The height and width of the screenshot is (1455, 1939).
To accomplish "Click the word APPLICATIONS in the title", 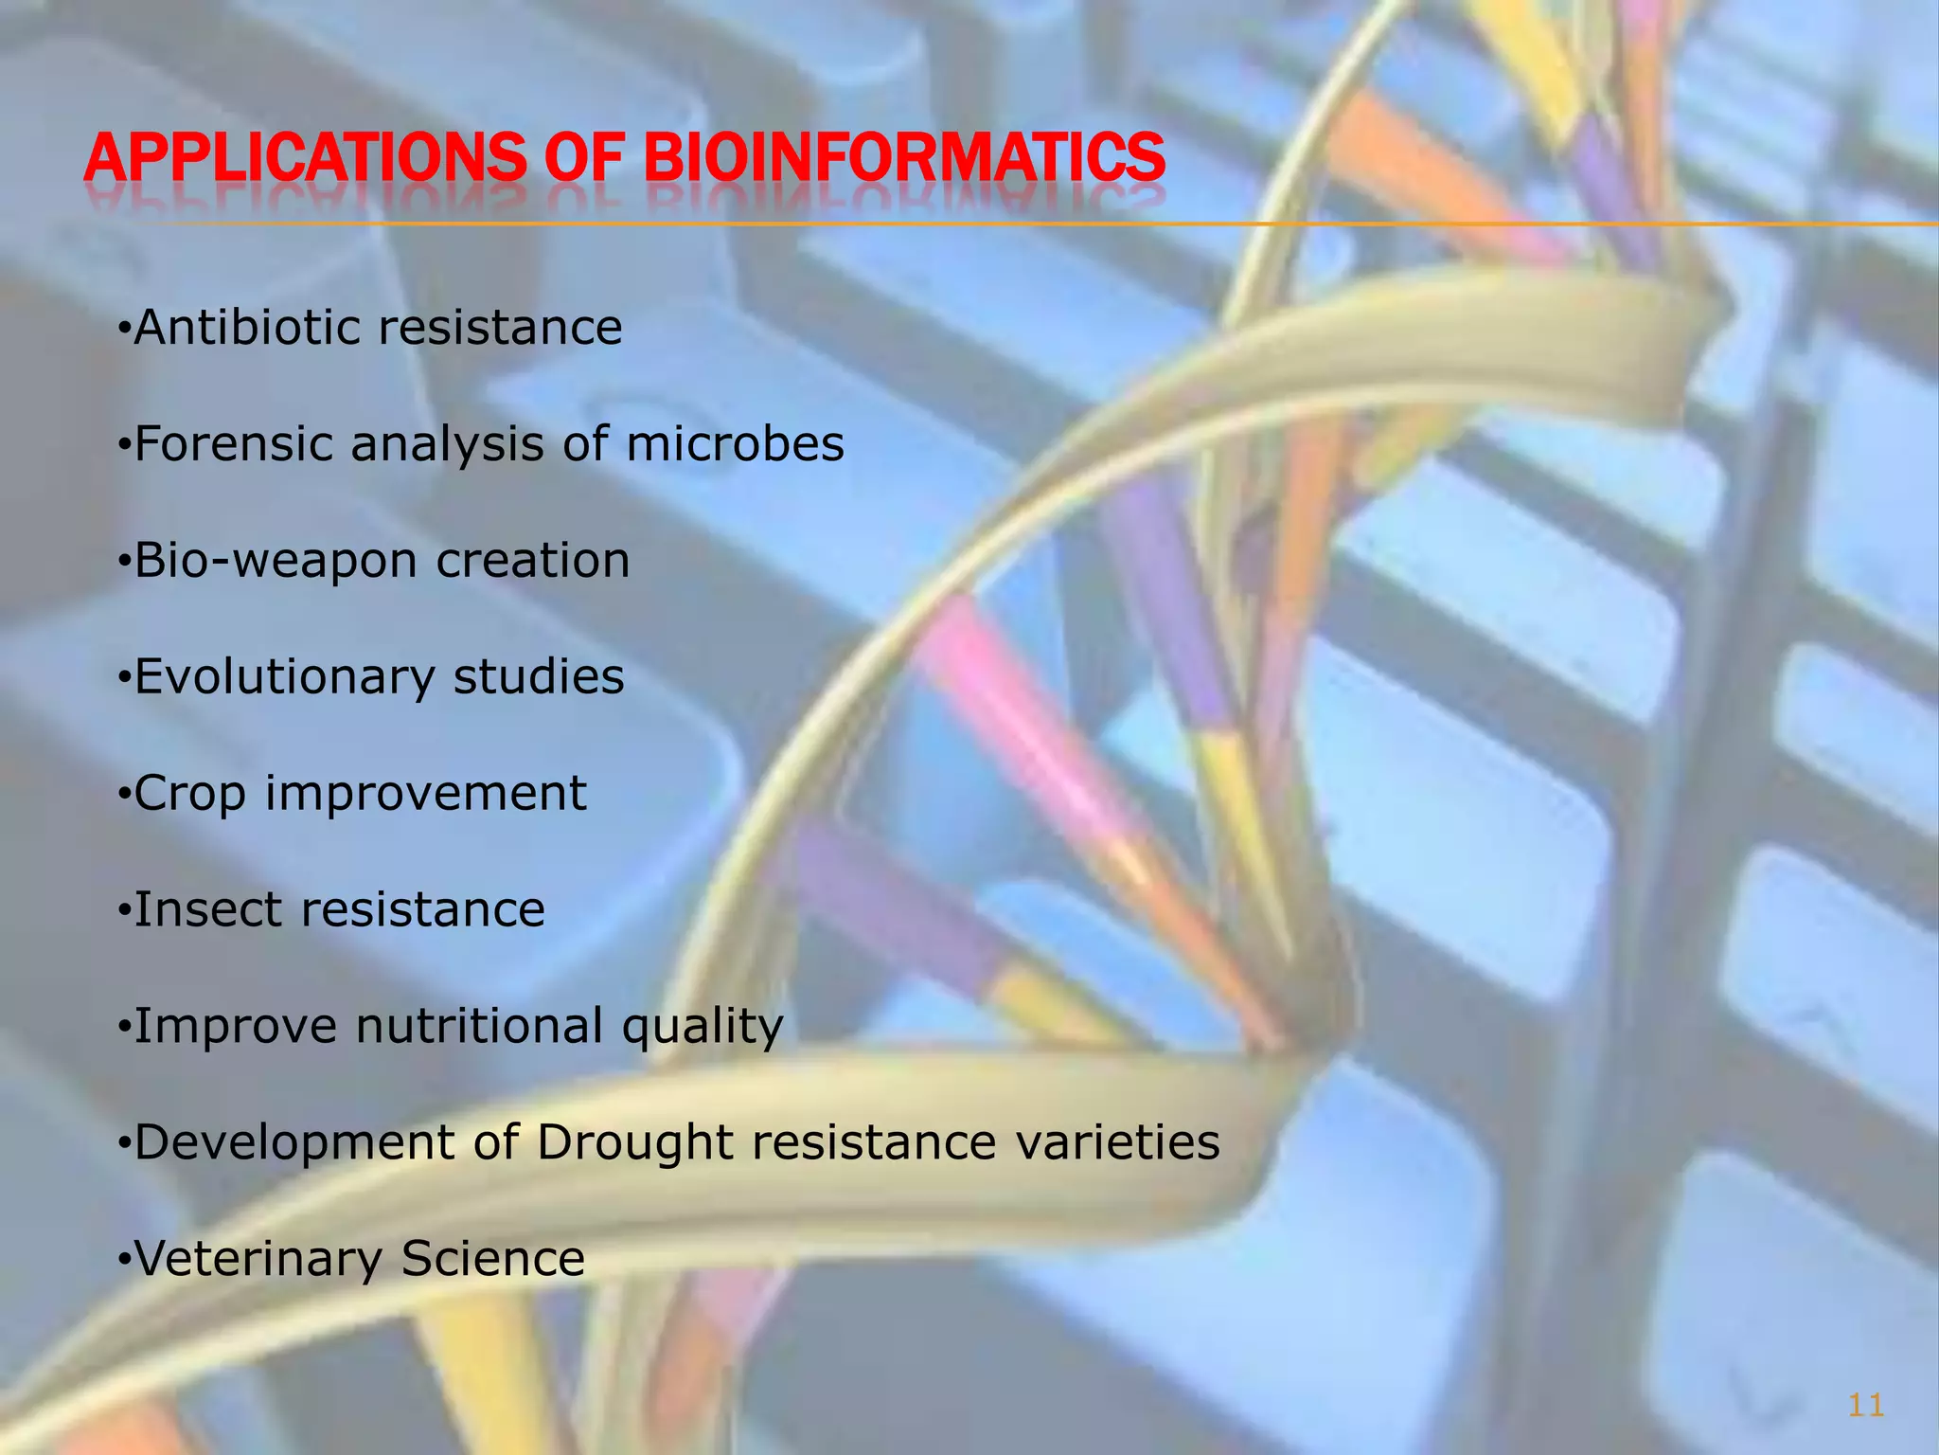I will [x=304, y=157].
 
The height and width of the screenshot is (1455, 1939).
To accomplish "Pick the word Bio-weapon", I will [x=276, y=561].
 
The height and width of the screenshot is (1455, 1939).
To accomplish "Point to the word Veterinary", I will [x=258, y=1259].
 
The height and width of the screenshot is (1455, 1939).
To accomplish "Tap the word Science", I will [x=492, y=1259].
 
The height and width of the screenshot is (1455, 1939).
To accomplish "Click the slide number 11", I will [x=1865, y=1405].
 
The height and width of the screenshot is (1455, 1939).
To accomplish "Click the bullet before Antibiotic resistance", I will [x=122, y=330].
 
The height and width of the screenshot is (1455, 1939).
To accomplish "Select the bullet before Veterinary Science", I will [x=122, y=1261].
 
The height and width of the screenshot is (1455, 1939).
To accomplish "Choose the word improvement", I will [x=425, y=794].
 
